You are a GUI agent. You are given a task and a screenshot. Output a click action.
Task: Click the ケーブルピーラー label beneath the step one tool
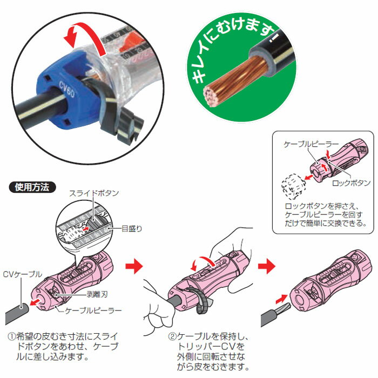(x=92, y=312)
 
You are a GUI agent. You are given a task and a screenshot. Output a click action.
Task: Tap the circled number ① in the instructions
(x=12, y=334)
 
